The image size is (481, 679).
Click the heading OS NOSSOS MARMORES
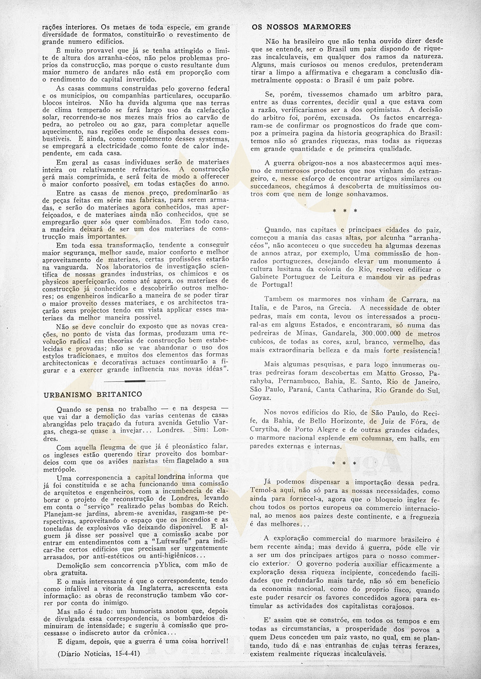[x=301, y=27]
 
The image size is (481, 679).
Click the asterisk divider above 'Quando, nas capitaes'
[x=345, y=211]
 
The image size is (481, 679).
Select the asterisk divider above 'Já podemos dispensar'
[x=345, y=463]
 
